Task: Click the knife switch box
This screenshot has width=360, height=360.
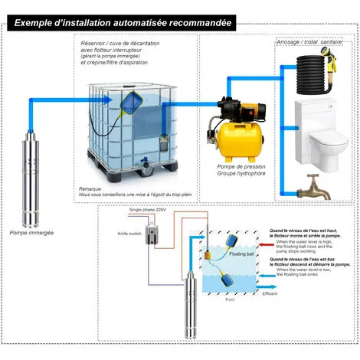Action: pyautogui.click(x=151, y=238)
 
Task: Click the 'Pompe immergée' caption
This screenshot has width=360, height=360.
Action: pyautogui.click(x=30, y=232)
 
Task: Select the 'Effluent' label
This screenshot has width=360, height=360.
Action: pyautogui.click(x=269, y=293)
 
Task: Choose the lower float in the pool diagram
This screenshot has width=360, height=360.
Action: pyautogui.click(x=224, y=281)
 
